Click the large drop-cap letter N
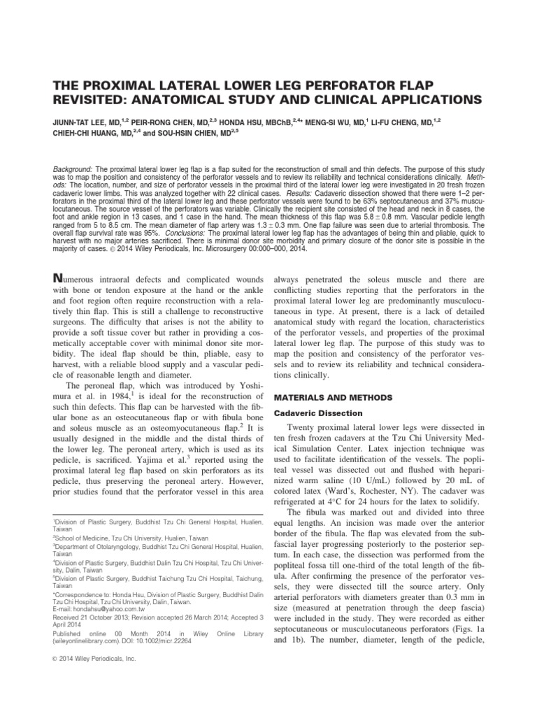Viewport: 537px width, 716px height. tap(59, 278)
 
